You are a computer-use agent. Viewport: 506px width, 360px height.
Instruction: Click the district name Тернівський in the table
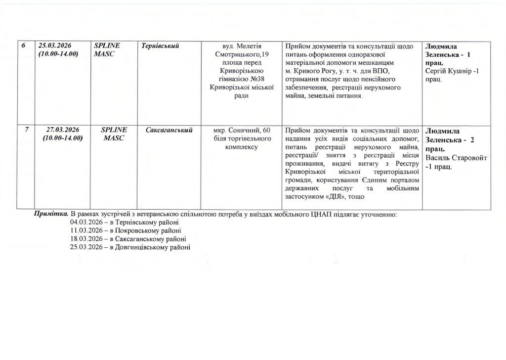tap(160, 46)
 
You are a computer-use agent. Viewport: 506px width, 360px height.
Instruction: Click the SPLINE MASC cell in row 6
tap(104, 50)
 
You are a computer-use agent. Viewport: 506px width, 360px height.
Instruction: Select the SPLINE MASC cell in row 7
tap(114, 134)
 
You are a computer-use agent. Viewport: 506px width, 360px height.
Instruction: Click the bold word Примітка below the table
tap(51, 214)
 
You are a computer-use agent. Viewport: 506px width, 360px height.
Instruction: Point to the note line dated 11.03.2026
tap(126, 230)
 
